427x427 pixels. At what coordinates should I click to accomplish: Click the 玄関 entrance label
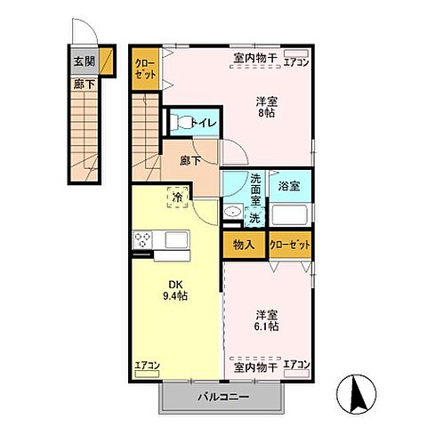(83, 62)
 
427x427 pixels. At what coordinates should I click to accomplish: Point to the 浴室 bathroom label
(289, 187)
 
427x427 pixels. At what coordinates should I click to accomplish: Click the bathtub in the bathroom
(290, 215)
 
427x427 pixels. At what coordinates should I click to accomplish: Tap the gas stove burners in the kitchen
(142, 241)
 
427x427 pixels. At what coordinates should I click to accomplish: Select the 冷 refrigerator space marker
(178, 197)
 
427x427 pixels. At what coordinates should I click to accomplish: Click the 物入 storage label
(244, 245)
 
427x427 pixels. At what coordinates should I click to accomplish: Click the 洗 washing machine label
(254, 217)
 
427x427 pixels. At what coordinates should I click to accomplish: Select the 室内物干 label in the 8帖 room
(255, 60)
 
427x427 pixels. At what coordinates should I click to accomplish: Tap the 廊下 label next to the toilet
(190, 162)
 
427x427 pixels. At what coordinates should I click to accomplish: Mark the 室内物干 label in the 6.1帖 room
(255, 366)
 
